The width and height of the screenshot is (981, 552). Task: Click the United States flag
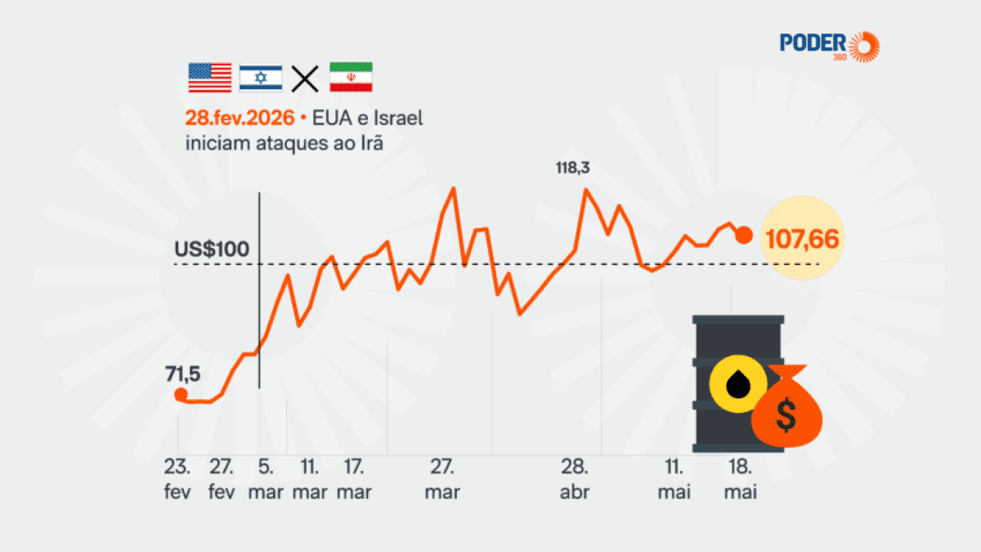click(x=210, y=78)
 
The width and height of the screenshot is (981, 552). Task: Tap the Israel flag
click(x=261, y=78)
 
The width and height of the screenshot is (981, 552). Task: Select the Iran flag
click(x=351, y=77)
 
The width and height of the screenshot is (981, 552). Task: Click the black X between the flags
click(x=305, y=79)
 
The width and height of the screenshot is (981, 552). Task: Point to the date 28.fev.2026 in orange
click(x=240, y=118)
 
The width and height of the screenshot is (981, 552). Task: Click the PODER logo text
click(x=813, y=43)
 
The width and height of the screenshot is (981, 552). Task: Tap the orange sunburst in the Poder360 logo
click(x=864, y=47)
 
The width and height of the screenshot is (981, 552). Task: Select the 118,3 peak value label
click(x=573, y=168)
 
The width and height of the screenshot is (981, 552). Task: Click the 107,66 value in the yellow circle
click(x=802, y=239)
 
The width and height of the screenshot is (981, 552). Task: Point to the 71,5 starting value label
click(x=182, y=375)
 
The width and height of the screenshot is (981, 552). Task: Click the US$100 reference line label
click(x=212, y=249)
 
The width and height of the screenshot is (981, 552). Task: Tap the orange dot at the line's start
click(x=181, y=395)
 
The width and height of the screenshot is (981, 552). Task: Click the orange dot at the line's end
click(x=744, y=236)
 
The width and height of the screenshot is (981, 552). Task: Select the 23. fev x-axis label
click(x=177, y=479)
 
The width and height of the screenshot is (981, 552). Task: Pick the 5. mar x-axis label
click(x=266, y=479)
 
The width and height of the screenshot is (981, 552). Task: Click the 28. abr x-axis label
click(x=575, y=479)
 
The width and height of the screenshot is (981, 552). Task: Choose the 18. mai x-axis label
click(x=741, y=479)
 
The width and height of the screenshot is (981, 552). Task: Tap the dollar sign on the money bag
click(x=786, y=415)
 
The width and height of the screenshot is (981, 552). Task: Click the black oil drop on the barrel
click(x=738, y=384)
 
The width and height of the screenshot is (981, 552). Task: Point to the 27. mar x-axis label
click(x=442, y=479)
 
